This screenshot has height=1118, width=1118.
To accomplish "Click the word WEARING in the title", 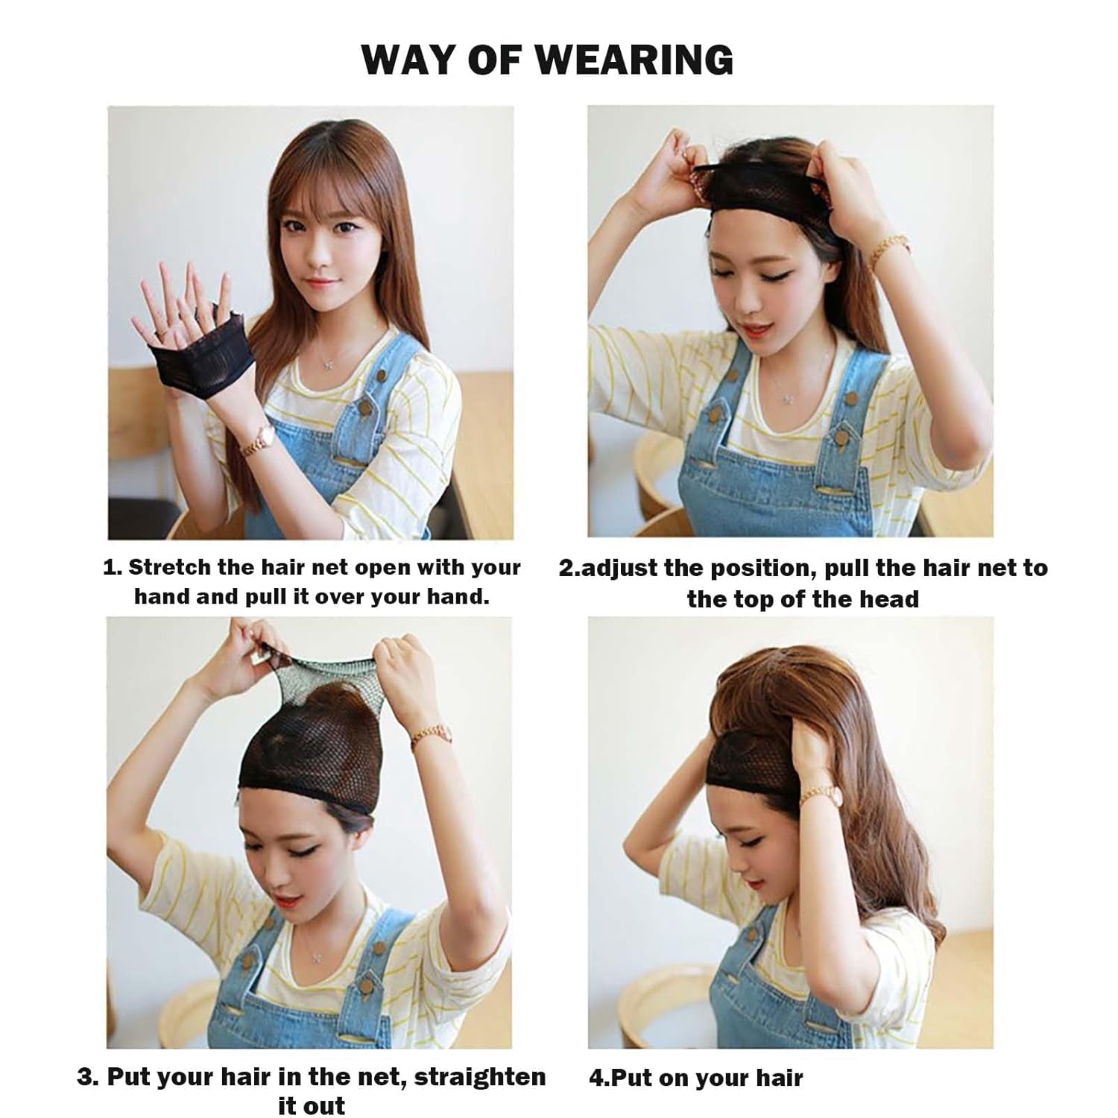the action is point(639,60).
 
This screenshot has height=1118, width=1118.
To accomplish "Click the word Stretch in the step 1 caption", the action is point(169,567).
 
